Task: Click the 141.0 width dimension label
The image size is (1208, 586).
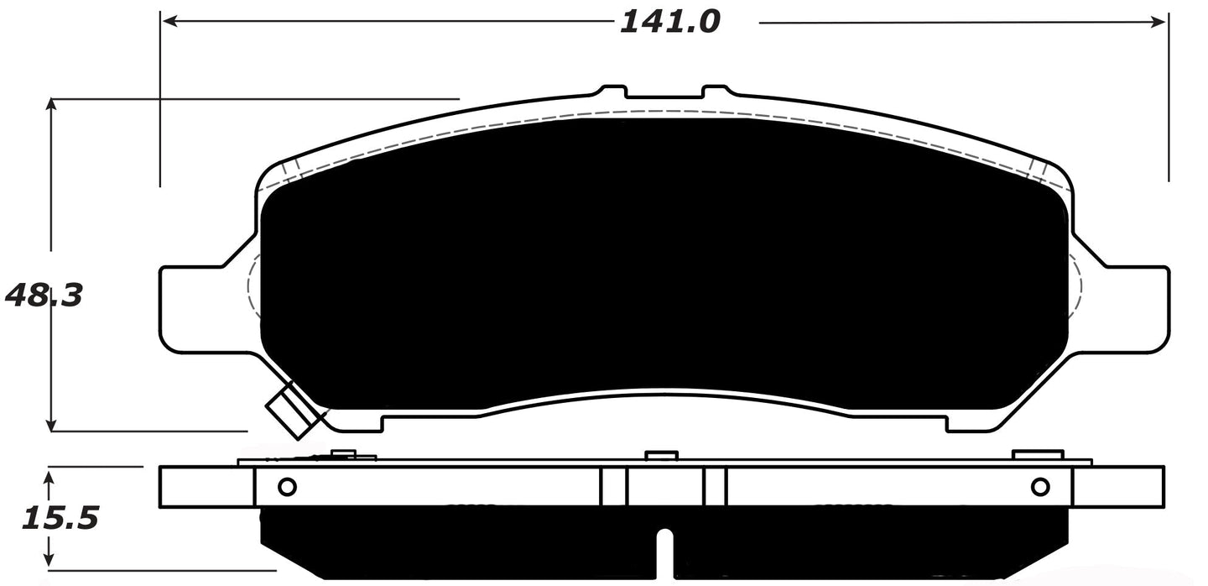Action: [x=669, y=22]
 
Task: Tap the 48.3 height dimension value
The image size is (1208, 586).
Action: [x=44, y=296]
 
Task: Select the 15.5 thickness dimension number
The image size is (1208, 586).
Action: [x=60, y=518]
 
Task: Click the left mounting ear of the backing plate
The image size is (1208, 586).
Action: [x=190, y=307]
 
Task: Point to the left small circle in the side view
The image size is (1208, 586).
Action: [x=286, y=486]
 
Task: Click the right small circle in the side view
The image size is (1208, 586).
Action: [x=1040, y=486]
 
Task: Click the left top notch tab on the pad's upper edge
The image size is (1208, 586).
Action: [x=612, y=90]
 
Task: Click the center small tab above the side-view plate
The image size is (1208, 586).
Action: [x=661, y=455]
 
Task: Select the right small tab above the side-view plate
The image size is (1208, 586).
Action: [x=1037, y=455]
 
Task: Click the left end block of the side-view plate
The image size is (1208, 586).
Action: [x=206, y=486]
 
